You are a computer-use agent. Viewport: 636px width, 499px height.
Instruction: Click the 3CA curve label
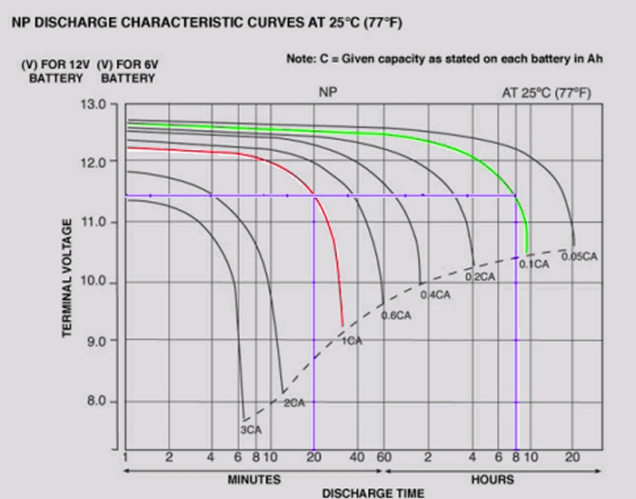click(251, 430)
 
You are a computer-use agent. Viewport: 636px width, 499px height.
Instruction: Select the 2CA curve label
click(294, 403)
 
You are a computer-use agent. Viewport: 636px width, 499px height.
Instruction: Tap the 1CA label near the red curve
click(352, 341)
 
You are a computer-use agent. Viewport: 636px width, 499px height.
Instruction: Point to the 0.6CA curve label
click(396, 315)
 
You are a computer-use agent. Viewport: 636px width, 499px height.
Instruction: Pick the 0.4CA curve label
click(435, 294)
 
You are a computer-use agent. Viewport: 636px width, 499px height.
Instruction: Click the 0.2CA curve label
click(480, 276)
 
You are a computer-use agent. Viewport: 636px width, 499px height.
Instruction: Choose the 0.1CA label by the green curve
click(534, 264)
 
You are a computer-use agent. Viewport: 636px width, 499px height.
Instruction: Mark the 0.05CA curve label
click(580, 256)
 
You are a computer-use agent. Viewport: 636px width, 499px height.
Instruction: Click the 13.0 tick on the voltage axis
click(93, 105)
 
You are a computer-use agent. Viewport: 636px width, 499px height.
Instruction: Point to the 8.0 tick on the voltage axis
click(96, 401)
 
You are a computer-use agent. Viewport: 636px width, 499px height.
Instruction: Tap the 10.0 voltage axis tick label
click(93, 281)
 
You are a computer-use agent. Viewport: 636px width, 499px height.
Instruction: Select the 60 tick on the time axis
click(383, 457)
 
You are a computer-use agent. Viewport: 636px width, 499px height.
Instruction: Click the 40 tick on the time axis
click(356, 457)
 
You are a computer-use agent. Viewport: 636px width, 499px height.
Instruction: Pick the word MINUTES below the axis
click(253, 480)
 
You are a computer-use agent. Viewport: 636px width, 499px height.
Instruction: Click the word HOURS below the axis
click(492, 480)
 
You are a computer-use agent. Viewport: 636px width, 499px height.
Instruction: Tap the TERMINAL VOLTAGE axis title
click(67, 278)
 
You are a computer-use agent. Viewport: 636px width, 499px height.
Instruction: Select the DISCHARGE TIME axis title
click(373, 494)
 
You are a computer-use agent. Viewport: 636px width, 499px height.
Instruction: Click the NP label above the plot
click(328, 92)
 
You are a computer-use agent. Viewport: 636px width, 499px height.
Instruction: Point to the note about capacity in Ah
click(444, 59)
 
